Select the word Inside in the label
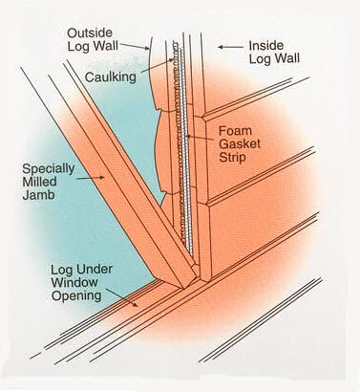click(266, 44)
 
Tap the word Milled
click(41, 188)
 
